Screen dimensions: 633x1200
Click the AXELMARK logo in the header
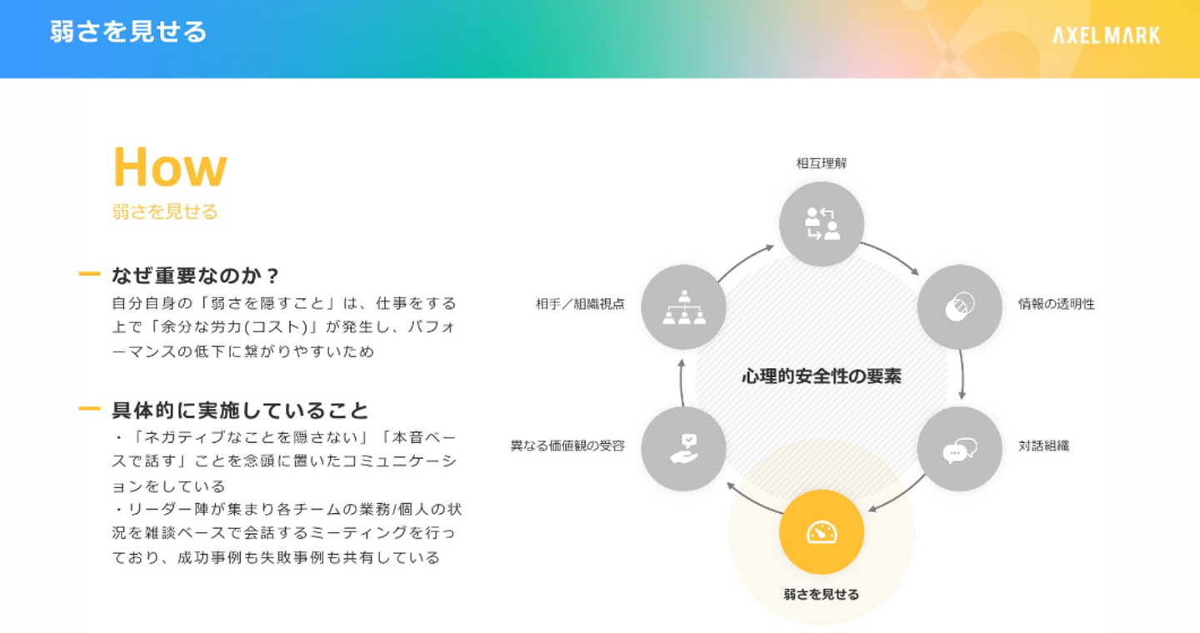pyautogui.click(x=1106, y=35)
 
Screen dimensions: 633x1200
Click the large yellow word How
pyautogui.click(x=169, y=167)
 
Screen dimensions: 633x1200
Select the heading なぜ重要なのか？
pyautogui.click(x=196, y=276)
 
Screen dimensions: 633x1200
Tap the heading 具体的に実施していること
pyautogui.click(x=240, y=411)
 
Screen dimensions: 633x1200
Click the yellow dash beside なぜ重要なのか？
pyautogui.click(x=89, y=274)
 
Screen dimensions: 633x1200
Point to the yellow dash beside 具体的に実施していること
pyautogui.click(x=89, y=409)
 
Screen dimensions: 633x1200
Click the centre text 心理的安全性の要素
pyautogui.click(x=821, y=376)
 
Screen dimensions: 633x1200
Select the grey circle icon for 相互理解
pyautogui.click(x=822, y=224)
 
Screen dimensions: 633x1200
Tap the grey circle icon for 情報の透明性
pyautogui.click(x=959, y=307)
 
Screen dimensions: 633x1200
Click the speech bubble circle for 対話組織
pyautogui.click(x=959, y=449)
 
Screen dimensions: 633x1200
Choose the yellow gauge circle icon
pyautogui.click(x=822, y=531)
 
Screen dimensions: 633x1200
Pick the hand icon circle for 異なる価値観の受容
pyautogui.click(x=683, y=449)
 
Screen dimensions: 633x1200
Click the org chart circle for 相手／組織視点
pyautogui.click(x=683, y=307)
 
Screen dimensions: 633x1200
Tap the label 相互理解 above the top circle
pyautogui.click(x=822, y=163)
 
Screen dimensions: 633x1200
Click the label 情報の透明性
pyautogui.click(x=1056, y=304)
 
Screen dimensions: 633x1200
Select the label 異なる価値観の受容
pyautogui.click(x=567, y=446)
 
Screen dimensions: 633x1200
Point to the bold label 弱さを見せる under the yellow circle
pyautogui.click(x=822, y=595)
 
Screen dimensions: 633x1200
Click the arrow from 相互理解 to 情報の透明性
pyautogui.click(x=891, y=257)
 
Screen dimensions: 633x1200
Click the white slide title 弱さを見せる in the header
pyautogui.click(x=128, y=32)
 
